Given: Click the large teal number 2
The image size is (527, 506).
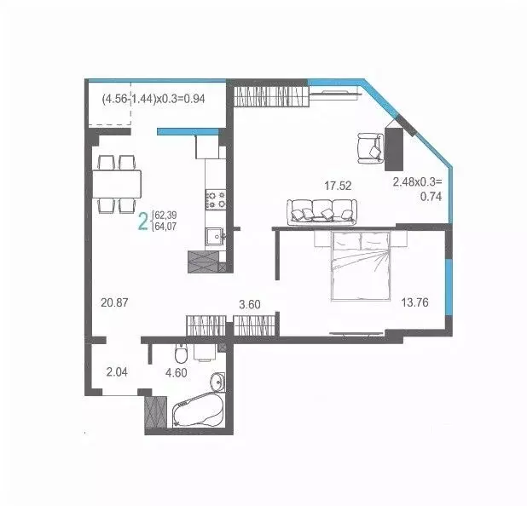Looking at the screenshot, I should [143, 222].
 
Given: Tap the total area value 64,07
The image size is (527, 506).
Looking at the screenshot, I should [165, 228].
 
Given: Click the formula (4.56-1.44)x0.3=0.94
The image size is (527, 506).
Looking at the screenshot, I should [159, 98].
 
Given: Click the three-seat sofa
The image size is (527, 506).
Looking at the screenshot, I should [320, 210].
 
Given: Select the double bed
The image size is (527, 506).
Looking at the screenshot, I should [357, 265].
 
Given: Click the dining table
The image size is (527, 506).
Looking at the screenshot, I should [118, 183].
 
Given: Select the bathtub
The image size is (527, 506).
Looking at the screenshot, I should [196, 415].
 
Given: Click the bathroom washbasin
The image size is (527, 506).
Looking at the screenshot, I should [217, 381].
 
